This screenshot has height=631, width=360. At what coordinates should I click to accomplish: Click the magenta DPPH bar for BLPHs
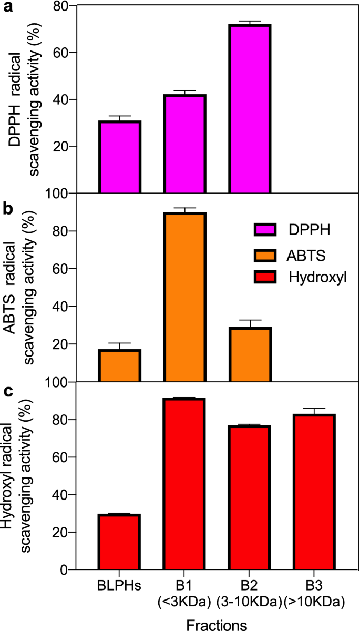pos(119,157)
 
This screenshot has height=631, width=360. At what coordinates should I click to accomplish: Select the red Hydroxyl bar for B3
pos(314,492)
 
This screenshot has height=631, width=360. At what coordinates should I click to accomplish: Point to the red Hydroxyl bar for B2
pos(250,497)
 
